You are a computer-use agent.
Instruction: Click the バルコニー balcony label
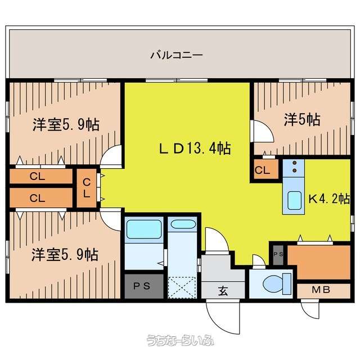(x=176, y=55)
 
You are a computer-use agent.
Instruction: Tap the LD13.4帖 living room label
(x=195, y=148)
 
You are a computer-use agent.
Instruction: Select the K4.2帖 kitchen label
(x=329, y=199)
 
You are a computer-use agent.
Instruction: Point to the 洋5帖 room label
(x=302, y=120)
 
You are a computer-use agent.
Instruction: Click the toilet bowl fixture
(x=277, y=283)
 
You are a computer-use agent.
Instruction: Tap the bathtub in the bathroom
(x=144, y=229)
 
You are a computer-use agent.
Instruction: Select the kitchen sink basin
(x=294, y=200)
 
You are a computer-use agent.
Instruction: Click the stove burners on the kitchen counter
(x=295, y=166)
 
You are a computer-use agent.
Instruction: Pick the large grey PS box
(x=144, y=286)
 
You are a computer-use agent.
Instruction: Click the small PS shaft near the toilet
(x=278, y=255)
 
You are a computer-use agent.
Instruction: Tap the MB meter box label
(x=321, y=290)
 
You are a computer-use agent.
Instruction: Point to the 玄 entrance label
(x=223, y=291)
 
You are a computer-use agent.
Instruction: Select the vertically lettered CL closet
(x=87, y=188)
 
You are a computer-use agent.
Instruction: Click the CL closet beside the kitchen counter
(x=266, y=169)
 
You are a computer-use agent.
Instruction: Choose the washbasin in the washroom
(x=182, y=224)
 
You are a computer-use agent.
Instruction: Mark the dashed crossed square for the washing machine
(x=182, y=287)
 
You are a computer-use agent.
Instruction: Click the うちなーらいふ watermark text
(x=180, y=340)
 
